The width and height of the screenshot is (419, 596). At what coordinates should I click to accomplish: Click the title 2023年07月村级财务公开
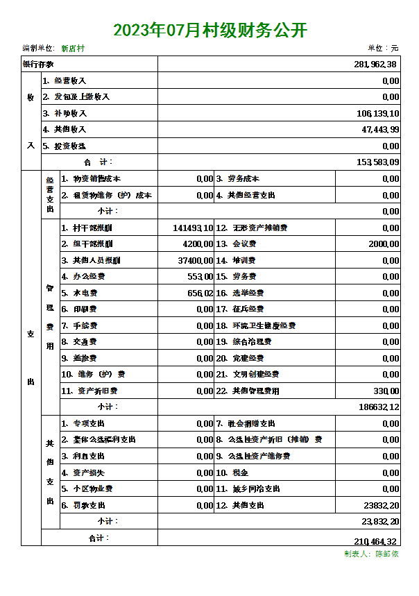click(x=209, y=30)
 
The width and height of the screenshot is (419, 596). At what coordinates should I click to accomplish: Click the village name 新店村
click(x=73, y=49)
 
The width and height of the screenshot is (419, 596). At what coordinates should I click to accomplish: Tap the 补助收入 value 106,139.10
click(x=377, y=114)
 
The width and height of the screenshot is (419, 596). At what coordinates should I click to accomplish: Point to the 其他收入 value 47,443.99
click(x=380, y=130)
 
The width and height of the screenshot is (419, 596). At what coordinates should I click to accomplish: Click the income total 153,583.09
click(x=377, y=162)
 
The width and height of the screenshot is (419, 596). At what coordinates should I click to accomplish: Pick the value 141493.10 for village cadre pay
click(x=193, y=228)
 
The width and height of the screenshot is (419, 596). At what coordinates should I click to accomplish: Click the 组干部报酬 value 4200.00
click(x=198, y=244)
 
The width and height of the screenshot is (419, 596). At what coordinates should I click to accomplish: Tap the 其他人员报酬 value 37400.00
click(x=196, y=261)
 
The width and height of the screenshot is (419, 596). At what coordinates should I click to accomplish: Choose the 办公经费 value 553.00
click(x=200, y=277)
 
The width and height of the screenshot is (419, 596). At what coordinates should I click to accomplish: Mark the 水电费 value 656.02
click(x=200, y=293)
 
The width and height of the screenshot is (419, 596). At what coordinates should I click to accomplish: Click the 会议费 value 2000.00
click(x=384, y=244)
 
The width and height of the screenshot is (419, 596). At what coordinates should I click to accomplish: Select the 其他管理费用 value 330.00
click(x=386, y=391)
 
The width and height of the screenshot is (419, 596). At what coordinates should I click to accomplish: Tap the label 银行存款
click(x=39, y=65)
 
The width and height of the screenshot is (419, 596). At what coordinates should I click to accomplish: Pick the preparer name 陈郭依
click(x=387, y=554)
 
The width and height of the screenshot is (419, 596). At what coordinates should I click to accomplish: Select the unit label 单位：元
click(x=383, y=49)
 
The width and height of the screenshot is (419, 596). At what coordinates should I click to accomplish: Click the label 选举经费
click(x=248, y=293)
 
